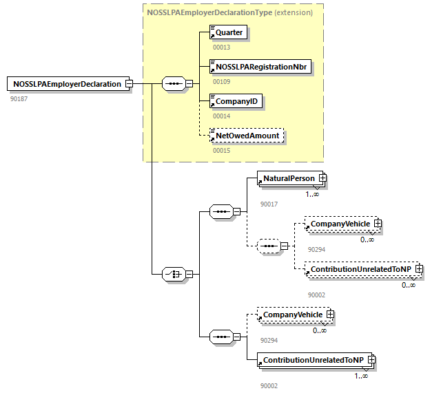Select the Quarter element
click(228, 32)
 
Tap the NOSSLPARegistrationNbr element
click(260, 67)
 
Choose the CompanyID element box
click(236, 101)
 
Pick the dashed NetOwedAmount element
click(247, 136)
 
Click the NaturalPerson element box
click(288, 178)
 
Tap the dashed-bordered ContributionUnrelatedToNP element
click(361, 269)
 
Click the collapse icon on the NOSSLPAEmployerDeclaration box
click(128, 84)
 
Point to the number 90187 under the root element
click(19, 99)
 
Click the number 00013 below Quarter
click(221, 47)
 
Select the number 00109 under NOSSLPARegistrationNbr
click(221, 81)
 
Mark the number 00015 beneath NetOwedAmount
click(221, 150)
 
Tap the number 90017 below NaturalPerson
click(269, 204)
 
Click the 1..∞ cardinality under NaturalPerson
click(312, 194)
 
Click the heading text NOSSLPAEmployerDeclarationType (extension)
click(229, 12)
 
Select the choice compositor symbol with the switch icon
click(173, 273)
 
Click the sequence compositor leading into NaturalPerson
click(220, 211)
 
